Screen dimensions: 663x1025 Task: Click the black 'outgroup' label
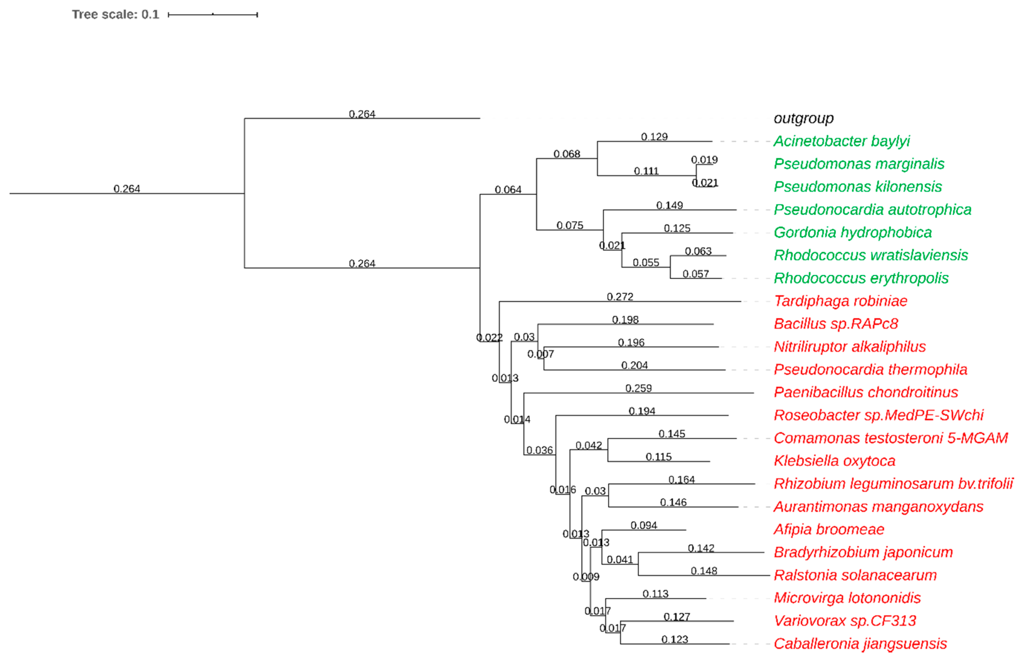pos(803,118)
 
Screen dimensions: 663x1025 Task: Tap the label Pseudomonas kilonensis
pos(857,187)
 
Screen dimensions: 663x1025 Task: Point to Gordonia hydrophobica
pos(852,232)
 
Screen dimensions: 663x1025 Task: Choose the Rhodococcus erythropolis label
pos(861,278)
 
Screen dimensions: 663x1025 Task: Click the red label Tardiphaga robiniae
pos(840,301)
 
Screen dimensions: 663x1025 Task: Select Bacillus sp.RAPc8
pos(836,324)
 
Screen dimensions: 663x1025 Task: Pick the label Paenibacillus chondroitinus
pos(866,392)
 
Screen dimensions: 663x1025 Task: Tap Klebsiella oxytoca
pos(834,461)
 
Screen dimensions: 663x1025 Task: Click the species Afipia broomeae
pos(829,530)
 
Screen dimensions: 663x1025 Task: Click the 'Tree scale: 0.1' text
pos(115,15)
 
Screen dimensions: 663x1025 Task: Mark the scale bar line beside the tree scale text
pos(213,15)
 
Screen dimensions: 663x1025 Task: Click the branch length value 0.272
pos(620,297)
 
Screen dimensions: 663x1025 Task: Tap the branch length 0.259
pos(638,388)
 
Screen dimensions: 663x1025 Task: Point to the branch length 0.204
pos(634,365)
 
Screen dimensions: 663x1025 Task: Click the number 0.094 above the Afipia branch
pos(644,525)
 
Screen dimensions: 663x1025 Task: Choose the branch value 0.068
pos(566,154)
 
